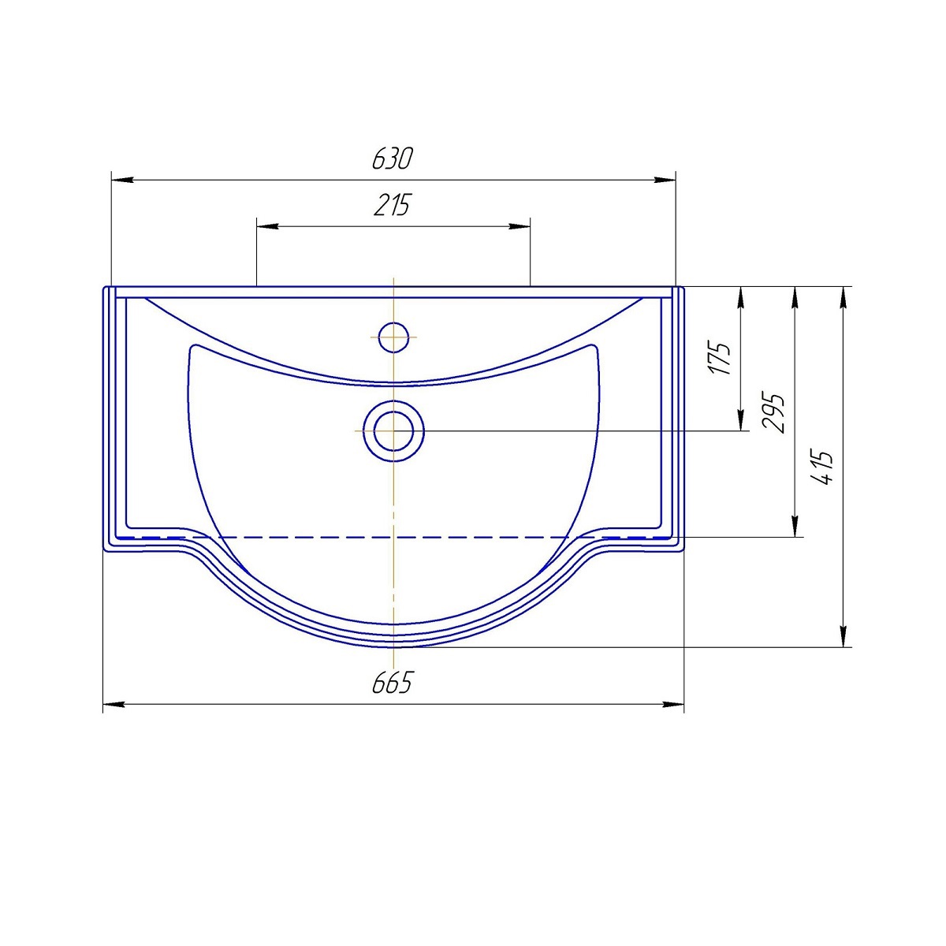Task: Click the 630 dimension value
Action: coord(393,158)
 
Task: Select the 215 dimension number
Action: coord(393,205)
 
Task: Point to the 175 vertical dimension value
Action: coord(721,357)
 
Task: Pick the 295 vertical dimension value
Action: coord(773,412)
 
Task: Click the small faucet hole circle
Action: coord(393,337)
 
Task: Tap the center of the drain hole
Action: coord(393,430)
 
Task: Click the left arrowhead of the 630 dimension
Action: coord(122,181)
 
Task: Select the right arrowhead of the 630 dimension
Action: coord(665,181)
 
